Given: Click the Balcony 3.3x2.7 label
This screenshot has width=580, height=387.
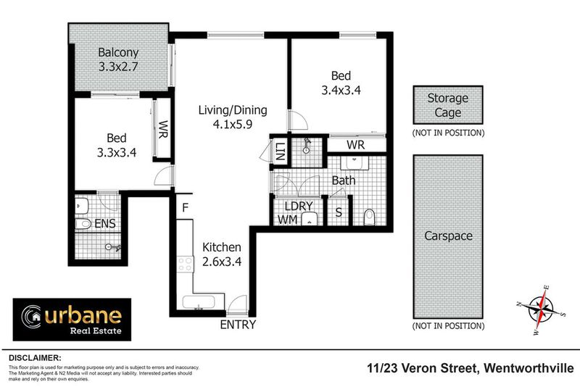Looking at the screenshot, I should pos(119,59).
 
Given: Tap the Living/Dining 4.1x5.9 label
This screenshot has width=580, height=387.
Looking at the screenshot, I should pos(233,117).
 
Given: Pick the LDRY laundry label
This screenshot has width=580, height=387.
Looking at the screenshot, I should pos(297,204).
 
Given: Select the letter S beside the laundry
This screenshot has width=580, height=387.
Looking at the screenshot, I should pos(339,213).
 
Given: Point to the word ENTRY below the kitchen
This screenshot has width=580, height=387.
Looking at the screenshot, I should pos(238,325).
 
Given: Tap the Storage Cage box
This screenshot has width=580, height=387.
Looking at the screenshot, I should pos(447,105).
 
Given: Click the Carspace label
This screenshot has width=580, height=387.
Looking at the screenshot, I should pos(447,236).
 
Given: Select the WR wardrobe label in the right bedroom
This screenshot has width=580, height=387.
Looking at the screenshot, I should pos(355,145).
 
